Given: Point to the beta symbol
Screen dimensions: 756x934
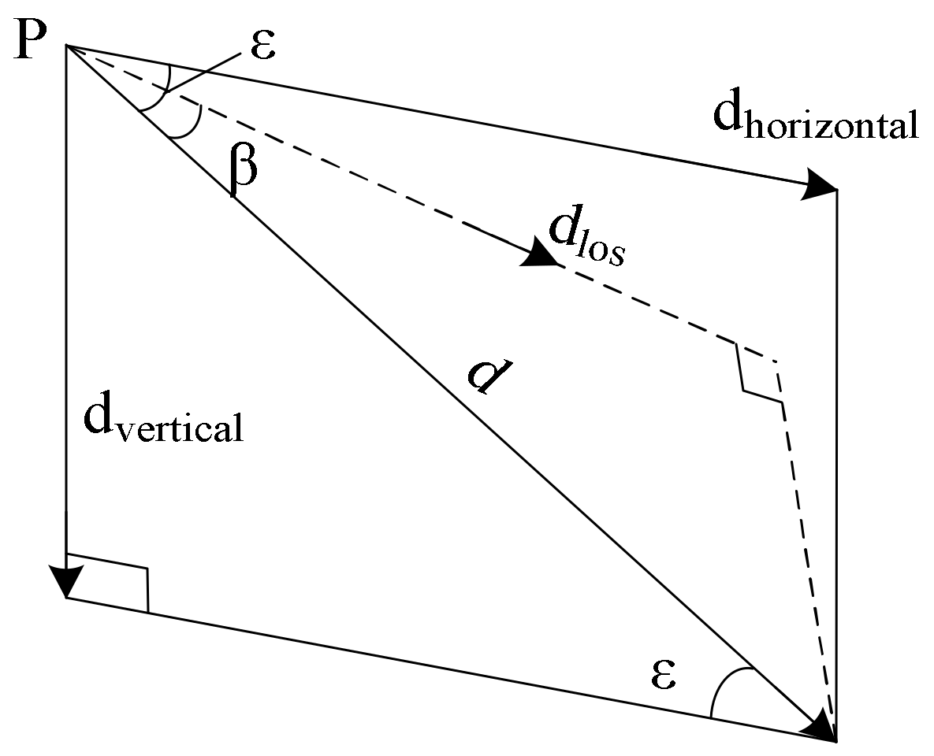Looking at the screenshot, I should [x=244, y=169].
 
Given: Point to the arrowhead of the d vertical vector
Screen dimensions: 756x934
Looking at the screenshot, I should [x=67, y=581].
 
